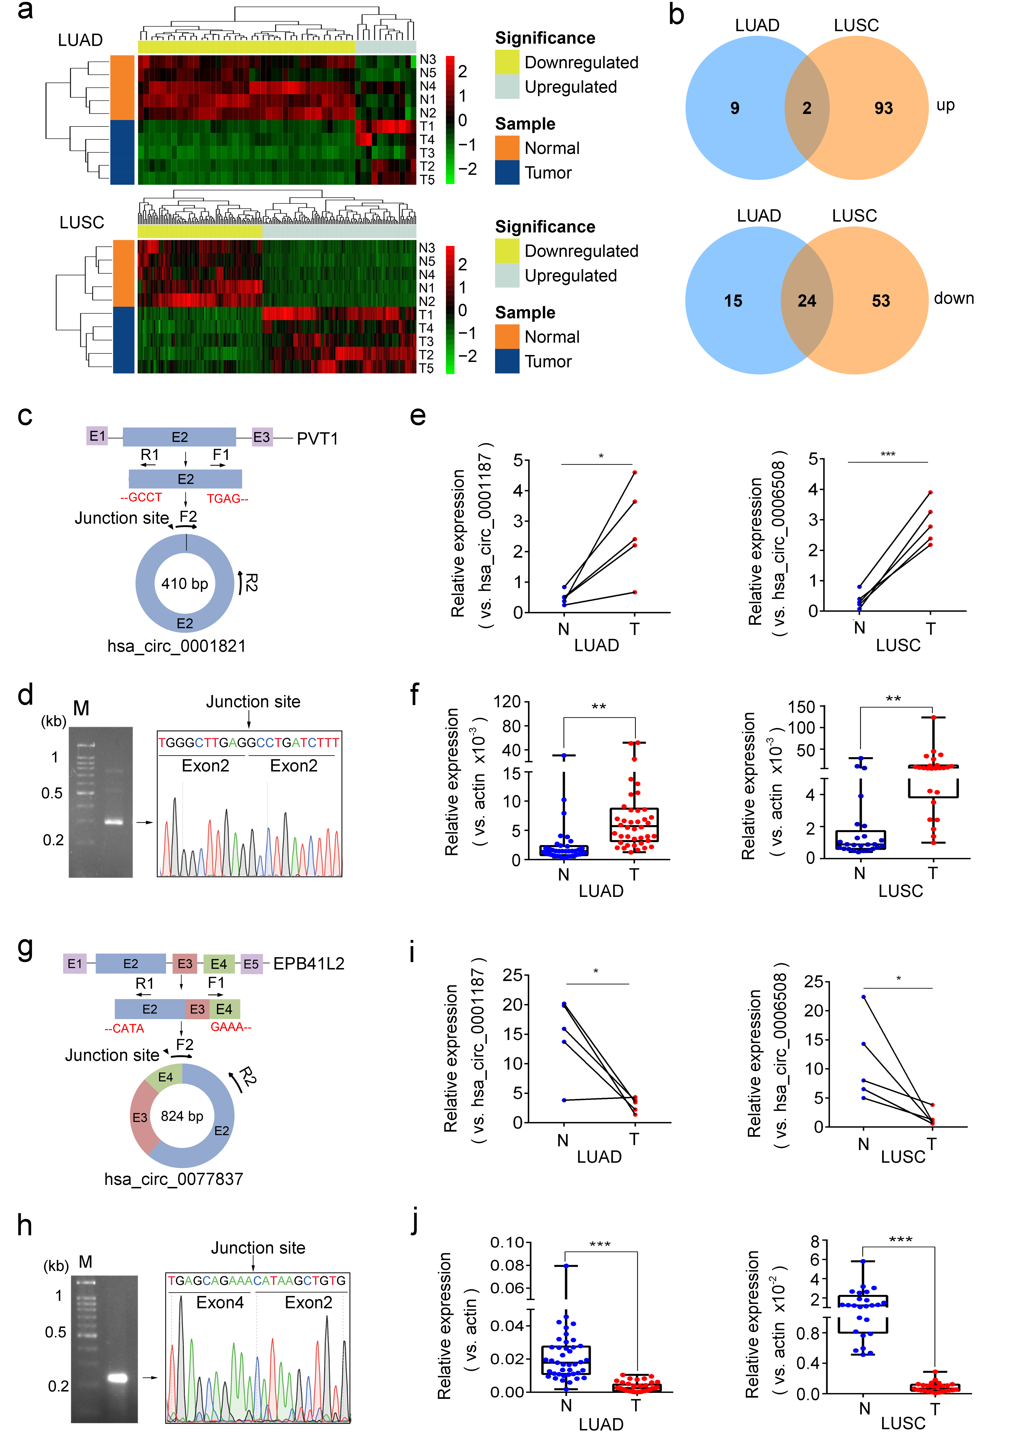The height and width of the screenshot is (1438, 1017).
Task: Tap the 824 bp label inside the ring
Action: pos(182,1116)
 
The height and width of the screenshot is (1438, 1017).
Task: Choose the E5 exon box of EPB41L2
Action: pos(251,964)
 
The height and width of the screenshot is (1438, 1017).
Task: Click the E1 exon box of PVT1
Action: pos(97,436)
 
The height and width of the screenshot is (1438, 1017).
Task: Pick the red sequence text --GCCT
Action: pos(141,497)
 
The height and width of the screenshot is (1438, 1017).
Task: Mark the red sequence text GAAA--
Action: pos(231,1027)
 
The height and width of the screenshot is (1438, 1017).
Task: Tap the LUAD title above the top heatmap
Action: pos(80,40)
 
